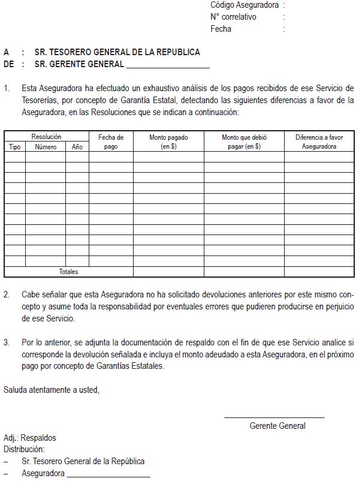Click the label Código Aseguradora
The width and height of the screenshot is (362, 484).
[245, 5]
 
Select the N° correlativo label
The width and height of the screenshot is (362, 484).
[233, 17]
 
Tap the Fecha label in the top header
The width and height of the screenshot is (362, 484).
[221, 29]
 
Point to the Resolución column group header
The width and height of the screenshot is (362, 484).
[46, 137]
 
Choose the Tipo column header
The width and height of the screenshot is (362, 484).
[14, 146]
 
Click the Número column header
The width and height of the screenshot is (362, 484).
[46, 146]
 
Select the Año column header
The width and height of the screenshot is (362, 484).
[77, 146]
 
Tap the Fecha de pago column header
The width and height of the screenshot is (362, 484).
[111, 142]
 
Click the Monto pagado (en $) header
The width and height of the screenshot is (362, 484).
[168, 142]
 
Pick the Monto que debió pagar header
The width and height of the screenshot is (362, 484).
[244, 142]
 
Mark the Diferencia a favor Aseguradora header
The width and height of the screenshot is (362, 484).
[319, 142]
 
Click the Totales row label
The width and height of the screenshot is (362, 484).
[68, 272]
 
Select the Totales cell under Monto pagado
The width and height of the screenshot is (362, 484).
[168, 272]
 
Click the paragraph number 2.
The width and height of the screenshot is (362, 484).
[7, 295]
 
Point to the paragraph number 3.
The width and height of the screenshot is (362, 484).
[7, 342]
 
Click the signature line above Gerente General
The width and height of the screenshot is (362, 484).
[274, 417]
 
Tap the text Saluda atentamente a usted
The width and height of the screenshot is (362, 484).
[52, 390]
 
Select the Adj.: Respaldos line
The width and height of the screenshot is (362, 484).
[29, 438]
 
